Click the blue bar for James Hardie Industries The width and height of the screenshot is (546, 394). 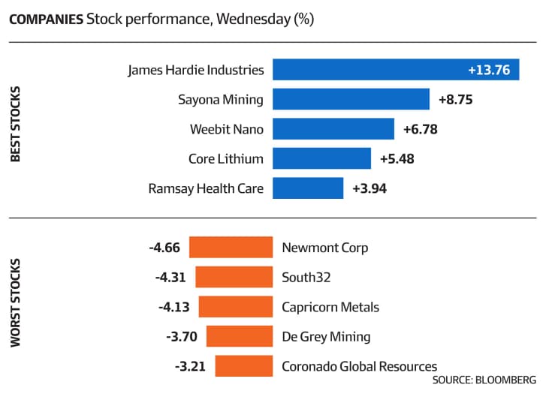pos(396,70)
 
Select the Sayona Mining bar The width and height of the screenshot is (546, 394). pos(351,99)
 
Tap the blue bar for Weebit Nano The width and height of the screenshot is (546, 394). pos(333,129)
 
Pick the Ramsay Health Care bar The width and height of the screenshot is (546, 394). pos(308,188)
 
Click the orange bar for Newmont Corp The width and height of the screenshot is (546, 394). pos(231,247)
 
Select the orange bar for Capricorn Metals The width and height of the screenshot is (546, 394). pos(236,307)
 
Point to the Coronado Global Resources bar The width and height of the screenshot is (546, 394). pos(244,365)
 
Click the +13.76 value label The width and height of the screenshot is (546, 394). pos(489,70)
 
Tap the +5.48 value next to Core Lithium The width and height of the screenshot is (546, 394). pos(397,159)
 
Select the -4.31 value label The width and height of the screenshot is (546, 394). pos(170,278)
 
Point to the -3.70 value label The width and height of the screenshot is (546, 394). pos(182,337)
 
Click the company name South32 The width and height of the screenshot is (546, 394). pos(306,278)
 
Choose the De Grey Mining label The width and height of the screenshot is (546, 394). pos(326,337)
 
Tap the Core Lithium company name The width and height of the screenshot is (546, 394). pos(226,158)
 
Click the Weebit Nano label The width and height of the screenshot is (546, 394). pos(227,129)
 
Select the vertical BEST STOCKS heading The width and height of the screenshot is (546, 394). pos(15,125)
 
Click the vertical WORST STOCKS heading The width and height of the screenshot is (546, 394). pos(15,302)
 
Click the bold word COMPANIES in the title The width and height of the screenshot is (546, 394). pos(47,20)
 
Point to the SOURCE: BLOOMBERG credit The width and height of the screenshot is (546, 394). pos(484,380)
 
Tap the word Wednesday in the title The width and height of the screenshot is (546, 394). pos(254,20)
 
